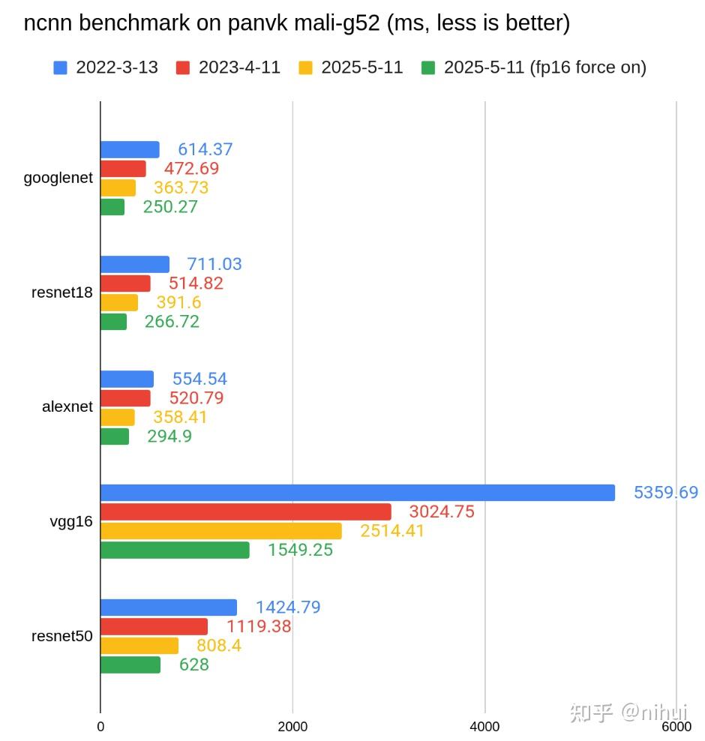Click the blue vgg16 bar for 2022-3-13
(x=357, y=493)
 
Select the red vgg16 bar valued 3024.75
(x=245, y=511)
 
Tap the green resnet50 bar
(x=130, y=664)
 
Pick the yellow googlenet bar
(x=118, y=187)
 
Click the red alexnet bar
(x=125, y=398)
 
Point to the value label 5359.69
(x=665, y=493)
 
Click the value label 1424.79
(x=287, y=607)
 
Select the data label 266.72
(x=172, y=322)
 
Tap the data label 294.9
(x=169, y=436)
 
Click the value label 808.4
(x=218, y=646)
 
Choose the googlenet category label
(x=58, y=178)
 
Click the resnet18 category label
(x=62, y=292)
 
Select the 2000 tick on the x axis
(x=292, y=726)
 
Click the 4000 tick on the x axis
(x=484, y=726)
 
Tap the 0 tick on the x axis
(x=100, y=726)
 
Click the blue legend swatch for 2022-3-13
(x=61, y=67)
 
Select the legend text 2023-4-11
(x=239, y=67)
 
